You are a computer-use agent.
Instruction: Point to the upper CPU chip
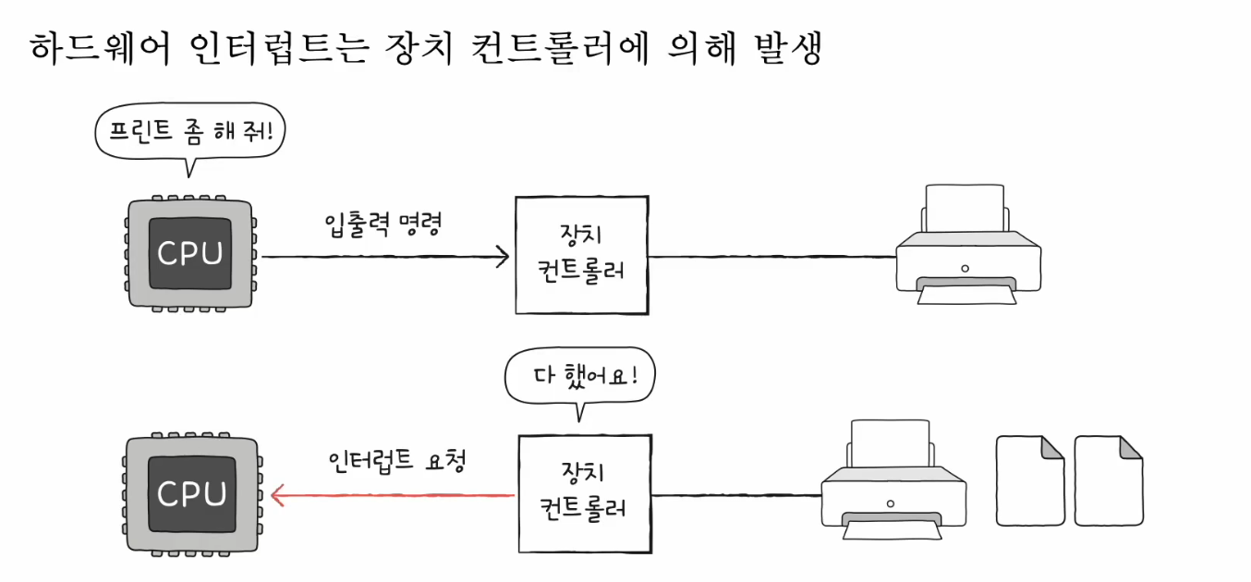pos(191,251)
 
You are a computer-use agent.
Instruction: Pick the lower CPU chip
pos(191,493)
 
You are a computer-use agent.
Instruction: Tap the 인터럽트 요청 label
pos(395,461)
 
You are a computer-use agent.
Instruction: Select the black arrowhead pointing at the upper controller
pos(502,256)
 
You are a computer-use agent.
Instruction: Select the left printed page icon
pos(1030,479)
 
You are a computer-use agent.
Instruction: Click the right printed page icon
pos(1108,479)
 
